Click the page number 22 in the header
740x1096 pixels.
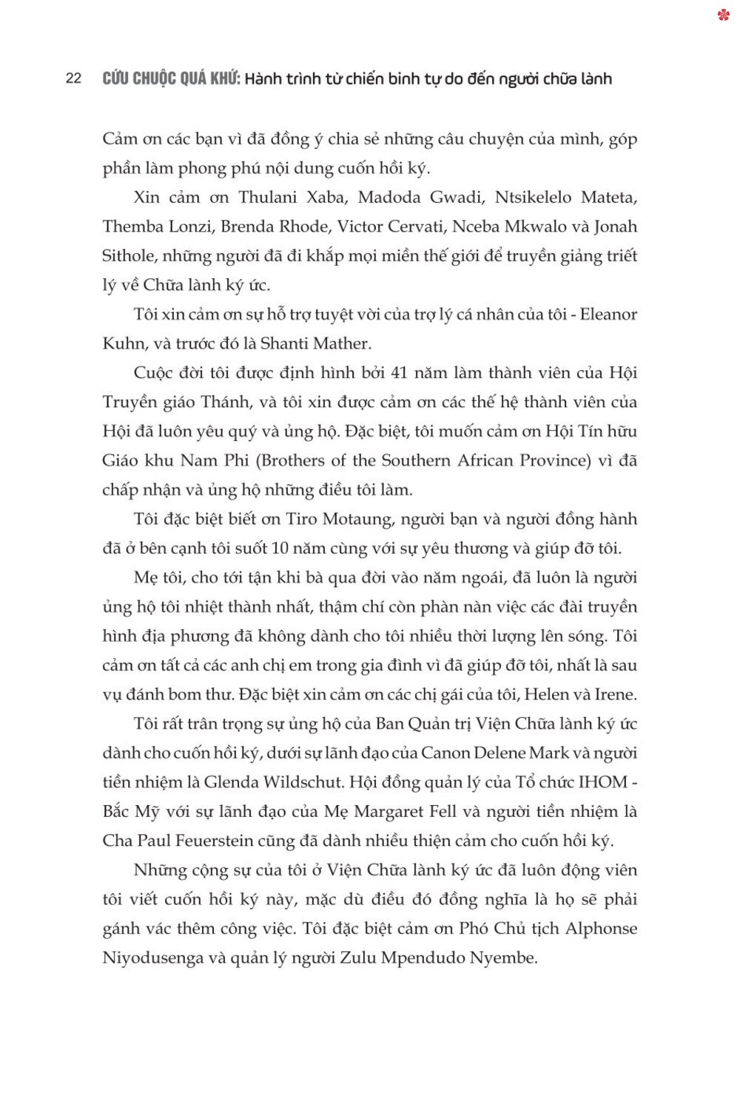73,78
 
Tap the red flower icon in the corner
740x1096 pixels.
724,14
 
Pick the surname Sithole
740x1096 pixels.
128,256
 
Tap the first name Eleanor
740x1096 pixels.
608,315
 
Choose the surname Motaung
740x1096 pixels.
357,519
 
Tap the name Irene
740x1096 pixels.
613,694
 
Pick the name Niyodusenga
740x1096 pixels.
142,958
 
